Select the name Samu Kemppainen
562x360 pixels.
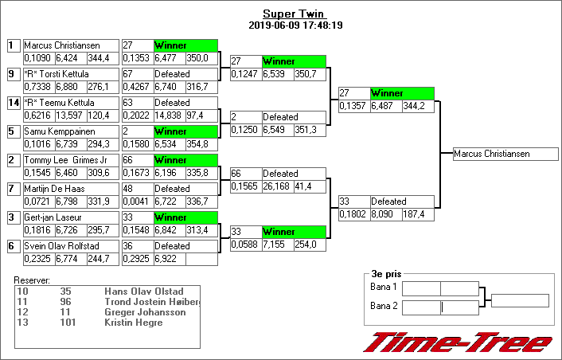pos(53,131)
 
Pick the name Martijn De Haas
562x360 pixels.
pos(54,189)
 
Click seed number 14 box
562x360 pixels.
pos(13,103)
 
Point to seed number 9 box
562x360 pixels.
pos(13,74)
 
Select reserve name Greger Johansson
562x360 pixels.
pos(145,312)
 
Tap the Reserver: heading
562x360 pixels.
pos(33,280)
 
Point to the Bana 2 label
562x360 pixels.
pos(383,307)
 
